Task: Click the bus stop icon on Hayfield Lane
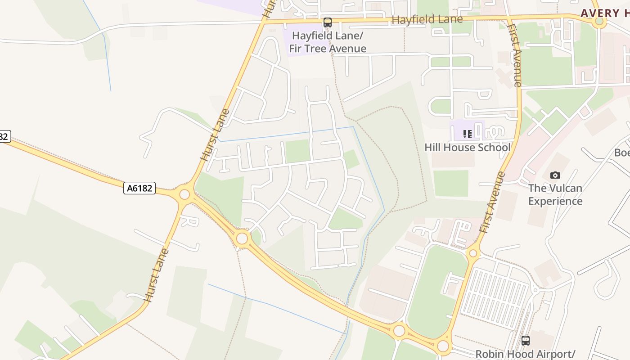pos(328,22)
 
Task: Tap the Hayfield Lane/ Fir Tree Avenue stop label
pos(328,42)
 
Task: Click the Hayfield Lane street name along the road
pos(427,19)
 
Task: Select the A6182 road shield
pos(139,188)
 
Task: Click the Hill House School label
pos(468,148)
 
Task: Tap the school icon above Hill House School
pos(468,134)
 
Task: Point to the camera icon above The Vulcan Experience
pos(555,175)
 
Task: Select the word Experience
pos(555,201)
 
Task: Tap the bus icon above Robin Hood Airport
pos(525,341)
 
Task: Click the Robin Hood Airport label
pos(525,354)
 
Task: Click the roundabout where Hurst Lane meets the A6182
pos(184,194)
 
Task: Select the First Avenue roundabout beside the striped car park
pos(473,253)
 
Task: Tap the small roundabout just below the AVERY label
pos(599,21)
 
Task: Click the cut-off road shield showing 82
pos(4,136)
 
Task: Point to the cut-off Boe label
pos(622,153)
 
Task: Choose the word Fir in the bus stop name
pos(297,49)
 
